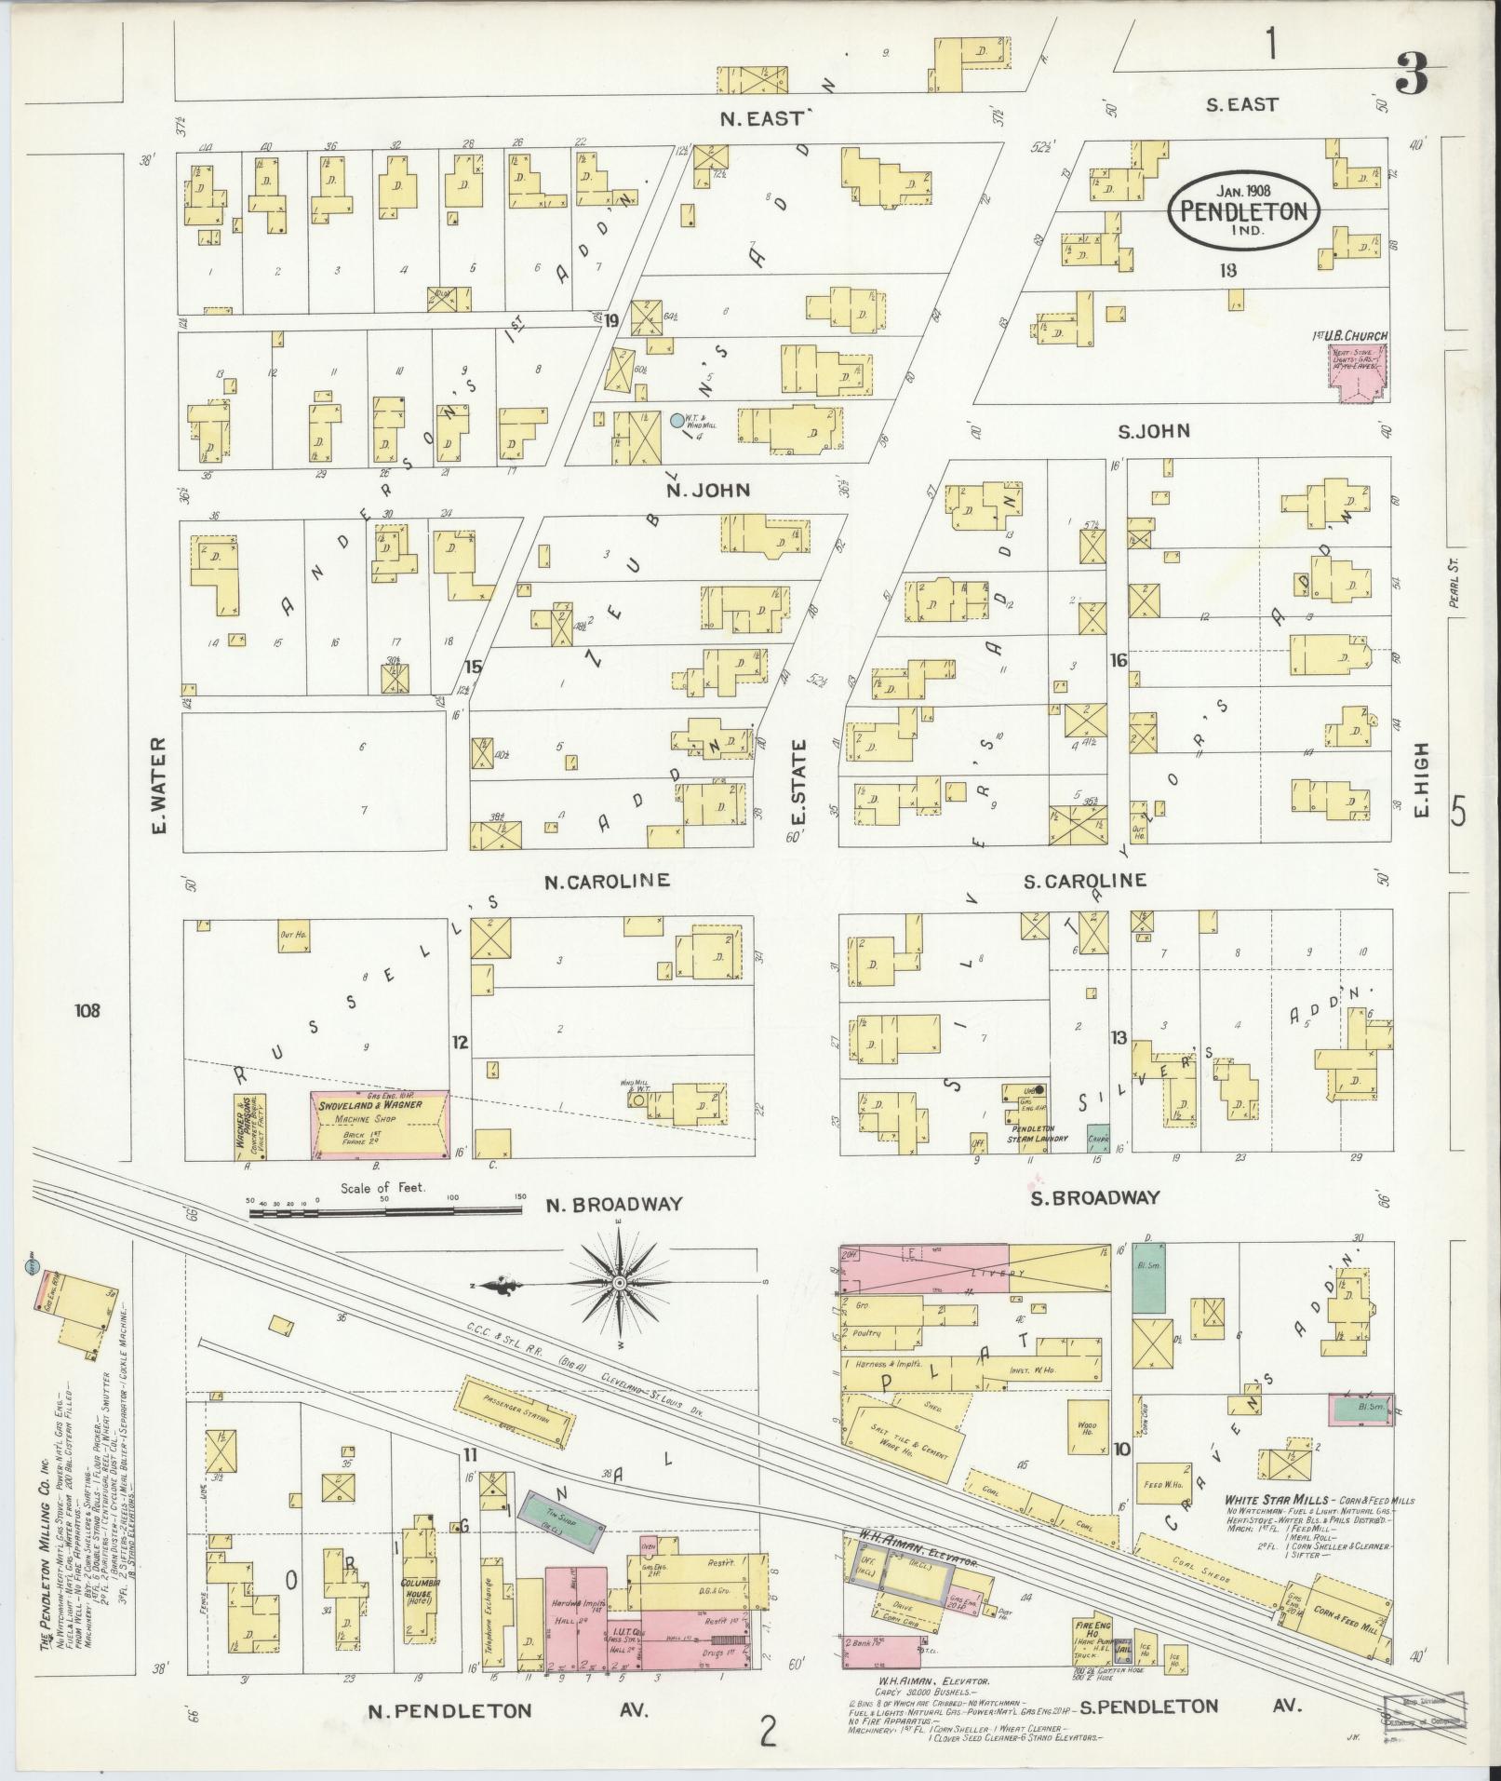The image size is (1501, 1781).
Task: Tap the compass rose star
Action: coord(619,1284)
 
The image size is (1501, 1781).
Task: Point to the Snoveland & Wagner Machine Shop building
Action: coord(380,1125)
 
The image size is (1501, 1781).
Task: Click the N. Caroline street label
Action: coord(607,880)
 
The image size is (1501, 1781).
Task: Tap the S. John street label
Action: coord(1153,431)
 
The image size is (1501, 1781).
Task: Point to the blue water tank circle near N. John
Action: coord(677,421)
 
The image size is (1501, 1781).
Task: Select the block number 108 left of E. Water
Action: coord(89,1010)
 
